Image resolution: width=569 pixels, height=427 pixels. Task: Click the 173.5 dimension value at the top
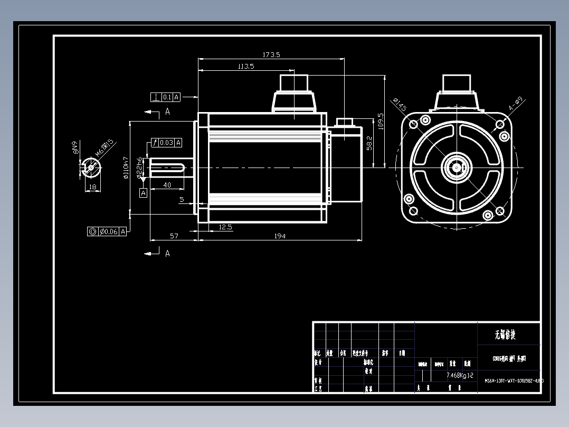tap(271, 54)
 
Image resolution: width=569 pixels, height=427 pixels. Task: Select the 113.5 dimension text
tap(245, 66)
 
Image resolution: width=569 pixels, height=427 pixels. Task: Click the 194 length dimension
tap(280, 236)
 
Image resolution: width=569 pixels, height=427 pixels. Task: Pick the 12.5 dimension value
tap(225, 227)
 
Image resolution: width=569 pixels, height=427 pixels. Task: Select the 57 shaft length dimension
tap(174, 236)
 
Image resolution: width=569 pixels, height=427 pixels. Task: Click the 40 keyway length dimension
tap(167, 185)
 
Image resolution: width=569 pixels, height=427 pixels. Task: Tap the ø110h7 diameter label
tap(126, 168)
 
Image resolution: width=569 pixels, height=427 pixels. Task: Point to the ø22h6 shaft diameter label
tap(139, 167)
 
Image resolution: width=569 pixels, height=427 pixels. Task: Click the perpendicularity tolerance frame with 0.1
tap(165, 97)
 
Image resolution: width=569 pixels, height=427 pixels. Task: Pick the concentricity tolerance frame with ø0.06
tap(107, 231)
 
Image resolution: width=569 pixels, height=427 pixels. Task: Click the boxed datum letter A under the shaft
tap(143, 193)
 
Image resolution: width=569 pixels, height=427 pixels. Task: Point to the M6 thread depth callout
tap(105, 149)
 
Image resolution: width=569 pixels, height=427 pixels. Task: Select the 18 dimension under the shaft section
tap(92, 187)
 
